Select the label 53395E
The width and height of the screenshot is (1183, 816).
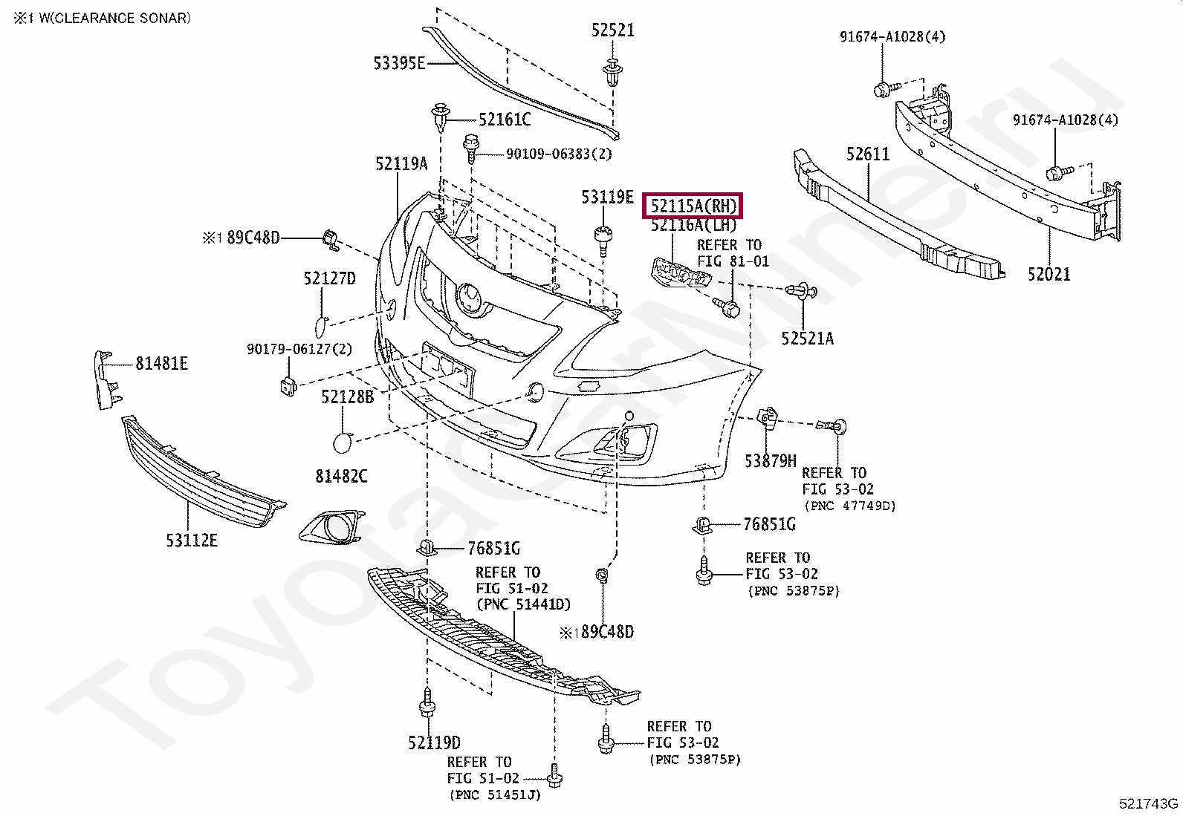(x=399, y=64)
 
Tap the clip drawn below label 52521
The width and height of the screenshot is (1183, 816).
(x=613, y=72)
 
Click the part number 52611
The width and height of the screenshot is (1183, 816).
(x=868, y=154)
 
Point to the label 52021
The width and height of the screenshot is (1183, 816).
(x=1049, y=274)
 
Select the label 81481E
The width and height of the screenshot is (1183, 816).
(x=161, y=363)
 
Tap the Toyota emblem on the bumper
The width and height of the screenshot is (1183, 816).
(x=469, y=298)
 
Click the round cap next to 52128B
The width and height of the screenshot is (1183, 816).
(x=343, y=443)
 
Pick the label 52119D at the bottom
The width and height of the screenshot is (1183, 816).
(x=434, y=742)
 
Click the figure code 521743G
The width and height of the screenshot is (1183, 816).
(x=1149, y=804)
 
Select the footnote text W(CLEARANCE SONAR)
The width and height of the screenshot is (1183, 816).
(x=110, y=18)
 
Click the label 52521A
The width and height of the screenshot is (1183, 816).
(x=807, y=339)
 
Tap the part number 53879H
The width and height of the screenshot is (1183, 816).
(x=771, y=461)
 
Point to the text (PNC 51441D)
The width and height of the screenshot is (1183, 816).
(x=524, y=605)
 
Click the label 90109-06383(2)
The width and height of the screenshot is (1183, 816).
(x=548, y=154)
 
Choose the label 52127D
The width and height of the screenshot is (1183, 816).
(x=329, y=278)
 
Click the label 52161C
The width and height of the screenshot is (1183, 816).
(x=505, y=119)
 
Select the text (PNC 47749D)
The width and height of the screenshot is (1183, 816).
(x=850, y=506)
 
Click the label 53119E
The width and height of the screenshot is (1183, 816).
(x=607, y=198)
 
